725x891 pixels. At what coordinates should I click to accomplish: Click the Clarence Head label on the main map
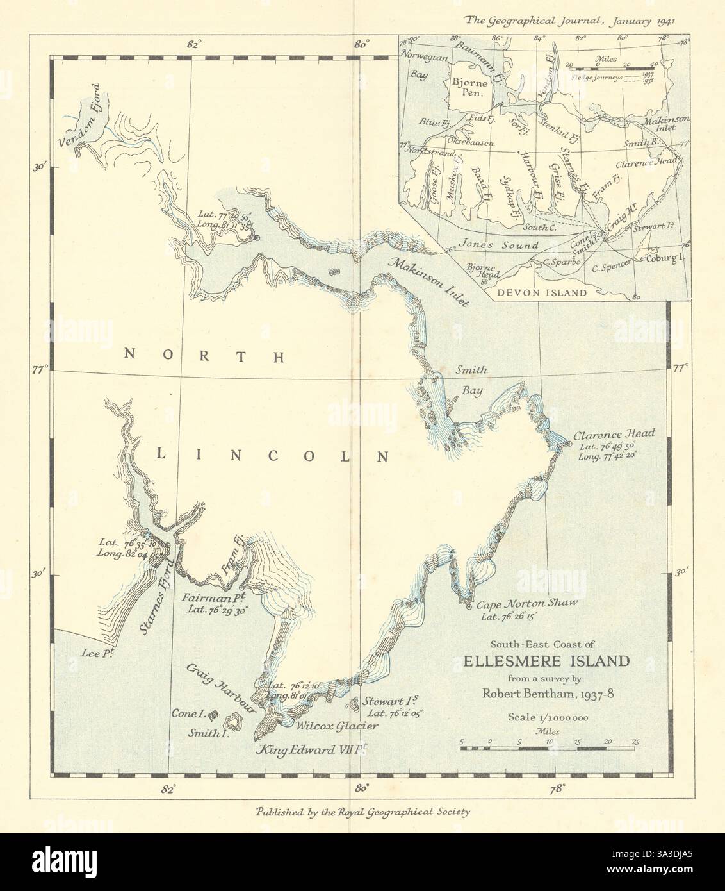(605, 432)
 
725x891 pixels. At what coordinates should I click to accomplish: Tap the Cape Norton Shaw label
(527, 603)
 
